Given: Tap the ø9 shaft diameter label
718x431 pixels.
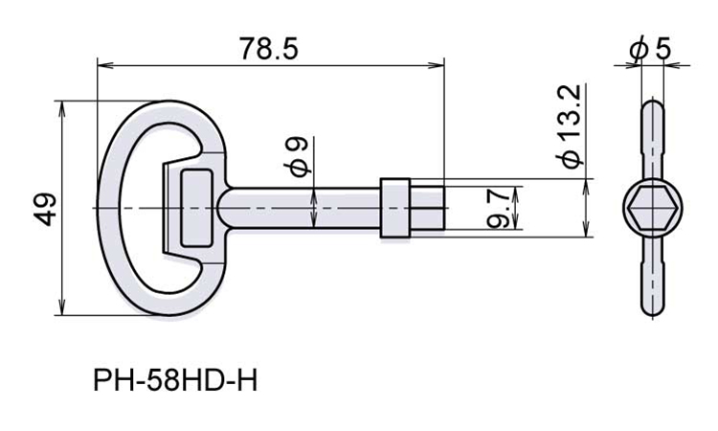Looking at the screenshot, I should tap(298, 158).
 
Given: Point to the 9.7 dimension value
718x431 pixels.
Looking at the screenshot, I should tap(497, 209).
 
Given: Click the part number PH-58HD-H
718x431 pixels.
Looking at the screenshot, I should tap(175, 381).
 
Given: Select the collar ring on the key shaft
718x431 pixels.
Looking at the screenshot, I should tap(394, 208).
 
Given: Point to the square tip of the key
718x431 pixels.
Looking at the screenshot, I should tap(427, 208).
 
